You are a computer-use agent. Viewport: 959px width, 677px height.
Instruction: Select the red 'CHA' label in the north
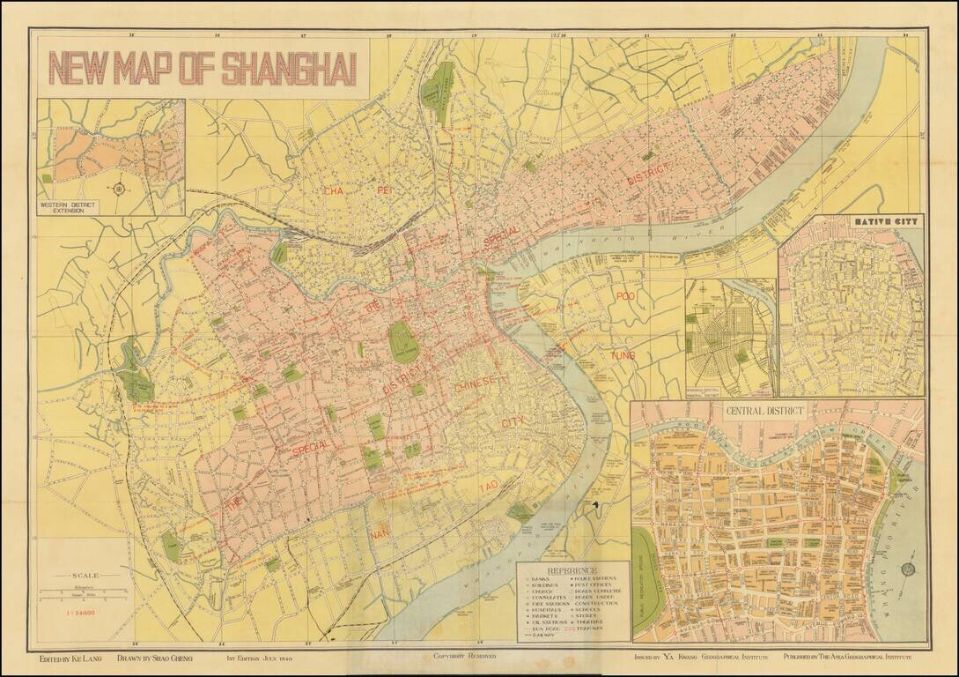333,190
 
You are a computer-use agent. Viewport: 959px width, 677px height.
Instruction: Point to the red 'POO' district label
624,296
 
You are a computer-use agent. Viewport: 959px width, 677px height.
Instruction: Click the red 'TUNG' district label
623,355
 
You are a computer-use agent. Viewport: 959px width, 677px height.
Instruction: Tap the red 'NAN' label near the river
379,533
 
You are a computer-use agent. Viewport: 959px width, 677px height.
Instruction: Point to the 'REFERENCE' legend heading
573,569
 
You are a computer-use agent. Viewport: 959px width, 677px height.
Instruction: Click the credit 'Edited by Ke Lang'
71,658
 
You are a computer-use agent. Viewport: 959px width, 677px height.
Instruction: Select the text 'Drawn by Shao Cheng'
155,658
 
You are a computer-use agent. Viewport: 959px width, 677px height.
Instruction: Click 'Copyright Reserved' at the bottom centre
464,657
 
